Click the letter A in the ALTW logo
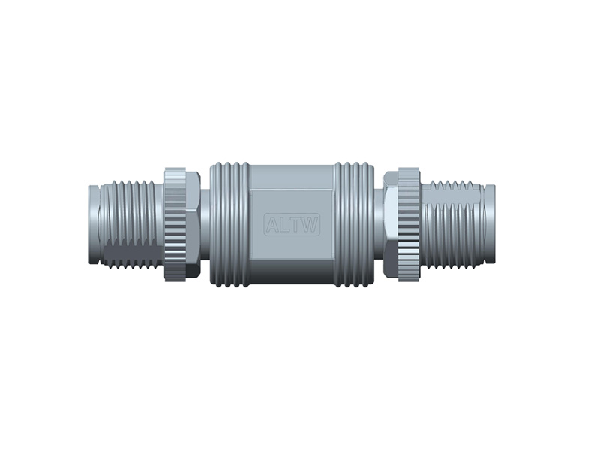click(x=271, y=224)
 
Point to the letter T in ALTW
click(x=297, y=224)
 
